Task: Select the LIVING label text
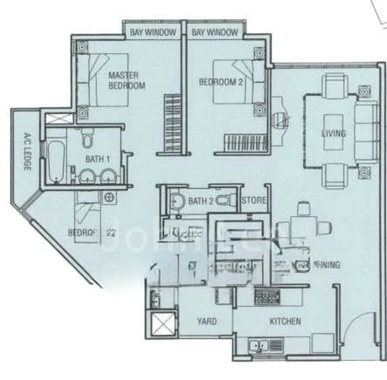coord(334,134)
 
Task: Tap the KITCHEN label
coord(285,321)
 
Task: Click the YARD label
coord(206,321)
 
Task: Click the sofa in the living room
coord(365,133)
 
